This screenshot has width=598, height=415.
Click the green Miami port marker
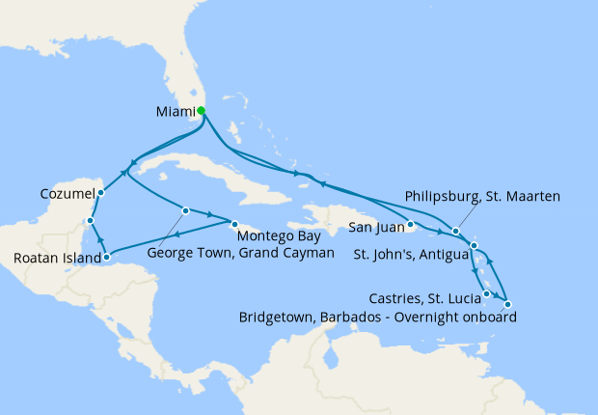click(x=201, y=111)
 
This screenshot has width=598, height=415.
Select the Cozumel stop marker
click(x=100, y=192)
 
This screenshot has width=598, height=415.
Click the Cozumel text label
click(x=67, y=193)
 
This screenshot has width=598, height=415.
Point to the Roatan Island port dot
click(x=106, y=258)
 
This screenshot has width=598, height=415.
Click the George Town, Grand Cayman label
click(x=241, y=252)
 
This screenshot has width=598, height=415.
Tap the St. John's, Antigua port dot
click(x=475, y=247)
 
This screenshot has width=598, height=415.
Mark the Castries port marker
click(x=487, y=293)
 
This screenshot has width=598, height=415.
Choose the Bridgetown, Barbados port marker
click(x=508, y=306)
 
